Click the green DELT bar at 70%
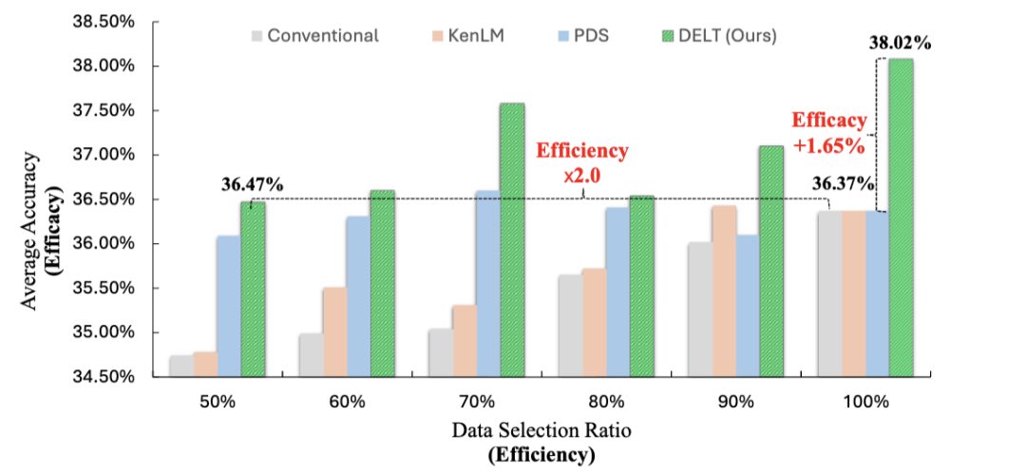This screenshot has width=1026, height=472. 512,239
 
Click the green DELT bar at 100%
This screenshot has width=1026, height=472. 901,217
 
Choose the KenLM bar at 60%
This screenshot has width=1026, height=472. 334,331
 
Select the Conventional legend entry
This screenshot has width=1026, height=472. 313,36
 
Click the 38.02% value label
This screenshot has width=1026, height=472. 901,42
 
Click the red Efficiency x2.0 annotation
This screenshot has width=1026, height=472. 582,161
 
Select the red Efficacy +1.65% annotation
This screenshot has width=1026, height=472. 829,133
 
